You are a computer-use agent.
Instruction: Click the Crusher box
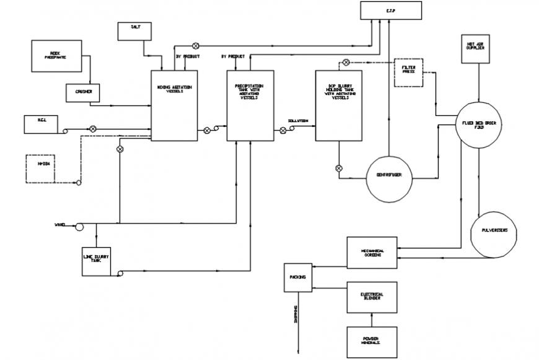pos(83,92)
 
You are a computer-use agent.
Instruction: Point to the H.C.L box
pos(40,124)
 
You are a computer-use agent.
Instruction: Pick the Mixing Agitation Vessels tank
pos(170,105)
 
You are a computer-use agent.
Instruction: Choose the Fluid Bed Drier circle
pos(480,124)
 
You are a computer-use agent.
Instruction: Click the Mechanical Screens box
pos(372,252)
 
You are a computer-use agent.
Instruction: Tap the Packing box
pos(297,277)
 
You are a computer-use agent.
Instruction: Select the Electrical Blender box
pos(372,295)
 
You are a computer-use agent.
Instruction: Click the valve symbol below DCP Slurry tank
pos(339,168)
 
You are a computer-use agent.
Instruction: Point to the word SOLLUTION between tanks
pos(298,121)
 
